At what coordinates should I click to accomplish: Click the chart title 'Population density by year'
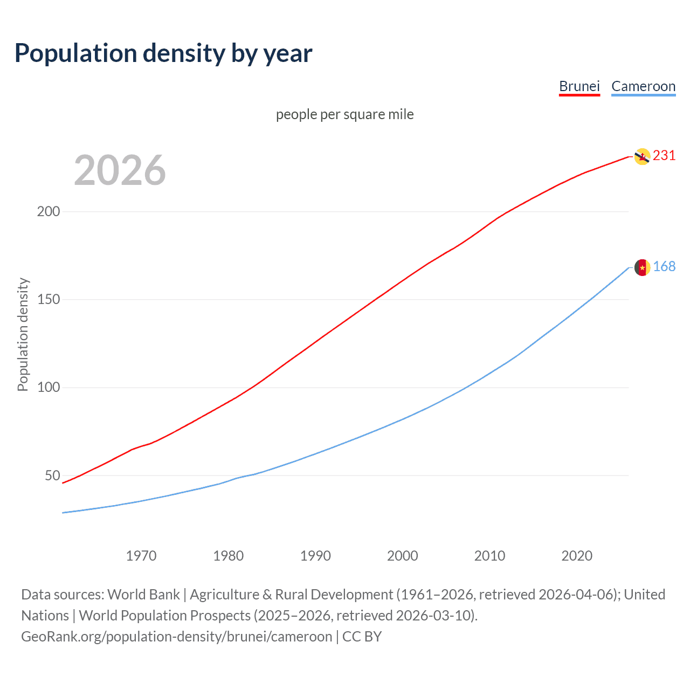163,53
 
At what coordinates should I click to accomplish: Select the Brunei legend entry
579,86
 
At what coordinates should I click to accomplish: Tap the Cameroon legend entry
643,86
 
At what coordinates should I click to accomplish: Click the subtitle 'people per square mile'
344,114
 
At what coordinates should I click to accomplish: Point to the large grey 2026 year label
120,170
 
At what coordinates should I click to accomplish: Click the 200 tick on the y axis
49,211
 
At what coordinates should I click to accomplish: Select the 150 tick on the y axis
49,299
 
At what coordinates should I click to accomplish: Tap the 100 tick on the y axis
49,388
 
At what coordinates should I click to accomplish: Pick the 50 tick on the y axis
52,475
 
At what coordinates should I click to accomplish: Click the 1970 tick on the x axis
141,556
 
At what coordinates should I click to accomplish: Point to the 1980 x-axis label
229,556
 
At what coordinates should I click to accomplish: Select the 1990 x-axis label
315,556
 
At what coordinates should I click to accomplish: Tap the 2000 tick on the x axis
403,556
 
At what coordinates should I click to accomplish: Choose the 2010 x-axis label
489,556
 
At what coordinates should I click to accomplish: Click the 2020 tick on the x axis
577,556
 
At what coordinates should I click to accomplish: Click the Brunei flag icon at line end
642,156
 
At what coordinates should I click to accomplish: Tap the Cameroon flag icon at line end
642,267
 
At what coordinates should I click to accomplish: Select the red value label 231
664,156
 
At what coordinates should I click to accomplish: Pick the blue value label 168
664,267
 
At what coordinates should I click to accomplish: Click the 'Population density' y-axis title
23,334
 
